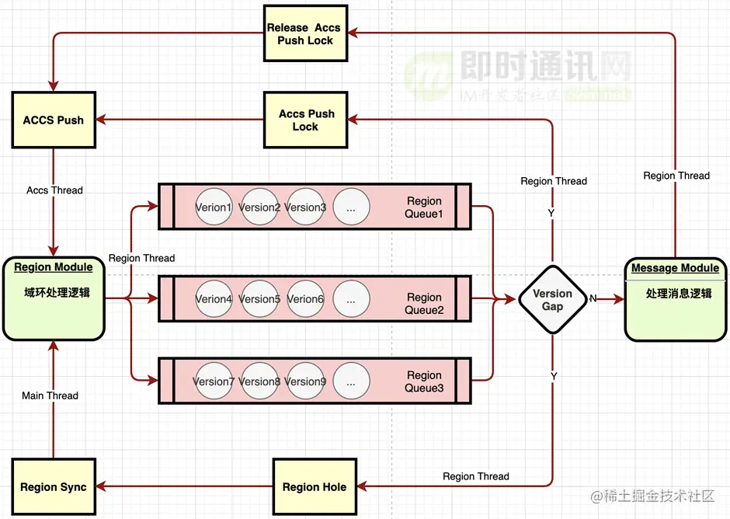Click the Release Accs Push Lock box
(x=304, y=33)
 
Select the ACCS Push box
(x=53, y=120)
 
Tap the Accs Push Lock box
(x=305, y=120)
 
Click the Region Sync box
(x=53, y=487)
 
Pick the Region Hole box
(x=314, y=487)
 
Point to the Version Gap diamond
(x=552, y=300)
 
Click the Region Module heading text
(x=54, y=267)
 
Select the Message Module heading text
(x=675, y=268)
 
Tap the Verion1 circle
(x=214, y=207)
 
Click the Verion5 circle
(x=259, y=299)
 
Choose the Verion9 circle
(x=305, y=381)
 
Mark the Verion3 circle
(x=305, y=207)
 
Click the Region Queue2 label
(x=424, y=304)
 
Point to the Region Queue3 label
(x=424, y=381)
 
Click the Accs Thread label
(x=54, y=190)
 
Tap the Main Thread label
(x=50, y=395)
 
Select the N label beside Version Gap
(x=593, y=298)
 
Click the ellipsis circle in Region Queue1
(x=351, y=207)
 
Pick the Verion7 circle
(x=214, y=381)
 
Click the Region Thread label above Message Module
(x=676, y=176)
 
